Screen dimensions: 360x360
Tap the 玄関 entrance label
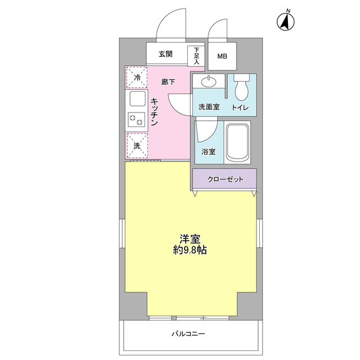point(165,54)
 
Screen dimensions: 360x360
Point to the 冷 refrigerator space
point(137,77)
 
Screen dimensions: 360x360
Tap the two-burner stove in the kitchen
point(137,119)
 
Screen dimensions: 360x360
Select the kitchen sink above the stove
point(137,98)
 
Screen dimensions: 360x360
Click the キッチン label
point(156,111)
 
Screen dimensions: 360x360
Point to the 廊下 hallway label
point(168,82)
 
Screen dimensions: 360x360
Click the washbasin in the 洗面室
point(209,82)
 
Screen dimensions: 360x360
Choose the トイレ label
point(240,107)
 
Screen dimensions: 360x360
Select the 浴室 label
point(209,151)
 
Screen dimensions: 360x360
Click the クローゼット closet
point(225,179)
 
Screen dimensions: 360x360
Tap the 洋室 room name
point(190,238)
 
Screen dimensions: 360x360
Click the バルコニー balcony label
point(188,334)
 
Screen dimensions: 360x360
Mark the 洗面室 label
point(208,107)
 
